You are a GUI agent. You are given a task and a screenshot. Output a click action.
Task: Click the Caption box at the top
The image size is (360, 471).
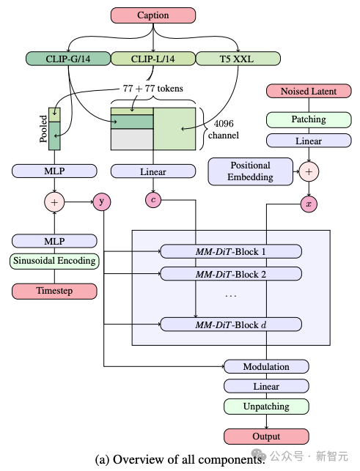click(153, 15)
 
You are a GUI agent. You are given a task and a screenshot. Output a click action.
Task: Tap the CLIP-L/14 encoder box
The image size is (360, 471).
click(153, 58)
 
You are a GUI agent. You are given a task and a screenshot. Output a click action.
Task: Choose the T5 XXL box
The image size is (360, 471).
click(238, 58)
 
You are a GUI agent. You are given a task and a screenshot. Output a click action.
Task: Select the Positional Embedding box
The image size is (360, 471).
click(250, 171)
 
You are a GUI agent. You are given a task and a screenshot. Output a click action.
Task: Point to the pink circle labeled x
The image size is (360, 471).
click(308, 204)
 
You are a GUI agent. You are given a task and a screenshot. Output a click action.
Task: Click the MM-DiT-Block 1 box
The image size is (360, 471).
click(230, 251)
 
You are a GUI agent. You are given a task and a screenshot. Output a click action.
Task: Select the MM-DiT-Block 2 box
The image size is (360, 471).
click(230, 274)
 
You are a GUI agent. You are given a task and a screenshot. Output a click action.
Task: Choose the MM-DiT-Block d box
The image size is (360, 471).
click(230, 324)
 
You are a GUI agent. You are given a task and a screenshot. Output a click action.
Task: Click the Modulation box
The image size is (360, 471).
click(266, 366)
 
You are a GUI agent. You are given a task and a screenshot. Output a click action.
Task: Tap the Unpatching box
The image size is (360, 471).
click(266, 406)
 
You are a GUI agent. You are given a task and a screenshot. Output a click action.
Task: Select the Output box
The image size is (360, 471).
click(266, 437)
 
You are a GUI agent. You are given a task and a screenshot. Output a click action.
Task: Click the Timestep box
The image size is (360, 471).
click(54, 291)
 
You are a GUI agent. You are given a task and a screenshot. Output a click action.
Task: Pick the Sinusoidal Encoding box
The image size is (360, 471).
click(54, 260)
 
